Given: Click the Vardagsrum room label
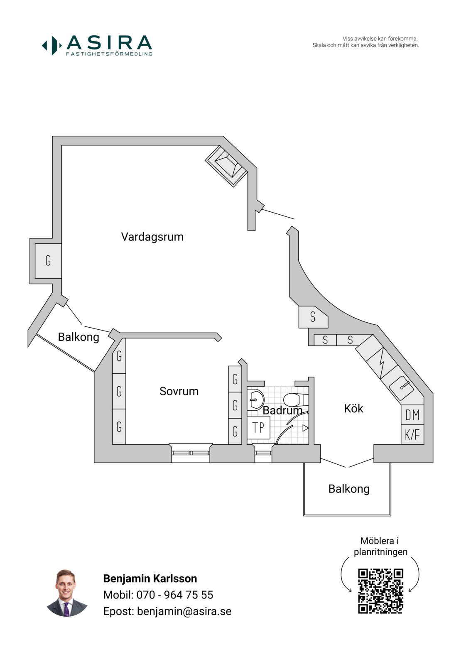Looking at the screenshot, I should coord(152,237).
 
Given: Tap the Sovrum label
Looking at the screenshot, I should coord(179,391).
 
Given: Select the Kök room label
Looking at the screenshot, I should coord(353,409).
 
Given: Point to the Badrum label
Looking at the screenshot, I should coord(282,411).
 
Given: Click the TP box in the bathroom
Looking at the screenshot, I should coord(258,427).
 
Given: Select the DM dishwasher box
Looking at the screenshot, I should coord(412,415).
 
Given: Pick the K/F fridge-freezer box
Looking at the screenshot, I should coord(412,435).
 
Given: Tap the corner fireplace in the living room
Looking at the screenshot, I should coord(226,165).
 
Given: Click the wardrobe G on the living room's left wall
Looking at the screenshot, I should coord(48,261).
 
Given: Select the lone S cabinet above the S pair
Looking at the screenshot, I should coord(313,317).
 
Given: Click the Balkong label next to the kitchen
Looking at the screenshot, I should coord(349,489).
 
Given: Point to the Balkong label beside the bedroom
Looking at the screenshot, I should coord(78,337).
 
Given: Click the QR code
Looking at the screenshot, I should coord(380,591).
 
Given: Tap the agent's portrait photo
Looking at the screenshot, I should coord(66,593).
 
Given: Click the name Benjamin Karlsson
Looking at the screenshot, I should coord(150,578).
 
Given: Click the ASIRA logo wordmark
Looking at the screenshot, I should coord(109,43).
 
